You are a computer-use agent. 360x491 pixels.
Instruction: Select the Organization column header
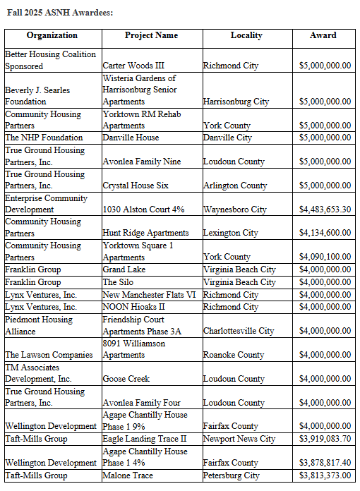click(52, 35)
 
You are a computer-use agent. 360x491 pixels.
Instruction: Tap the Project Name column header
click(151, 35)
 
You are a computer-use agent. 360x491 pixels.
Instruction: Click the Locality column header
click(246, 35)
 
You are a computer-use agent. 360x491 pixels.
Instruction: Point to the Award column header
click(323, 35)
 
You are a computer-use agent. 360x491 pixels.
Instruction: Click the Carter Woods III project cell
click(134, 66)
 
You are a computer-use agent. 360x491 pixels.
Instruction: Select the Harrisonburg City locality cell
click(236, 102)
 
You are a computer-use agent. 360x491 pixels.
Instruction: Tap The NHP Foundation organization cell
click(44, 138)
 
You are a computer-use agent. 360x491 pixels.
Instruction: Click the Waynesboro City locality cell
click(234, 210)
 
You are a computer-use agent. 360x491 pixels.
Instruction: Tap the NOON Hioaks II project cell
click(133, 307)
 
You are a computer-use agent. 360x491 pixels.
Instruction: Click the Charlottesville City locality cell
click(239, 331)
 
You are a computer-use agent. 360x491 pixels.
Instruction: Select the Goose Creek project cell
click(126, 379)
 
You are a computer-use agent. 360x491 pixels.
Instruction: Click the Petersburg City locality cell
click(232, 475)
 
